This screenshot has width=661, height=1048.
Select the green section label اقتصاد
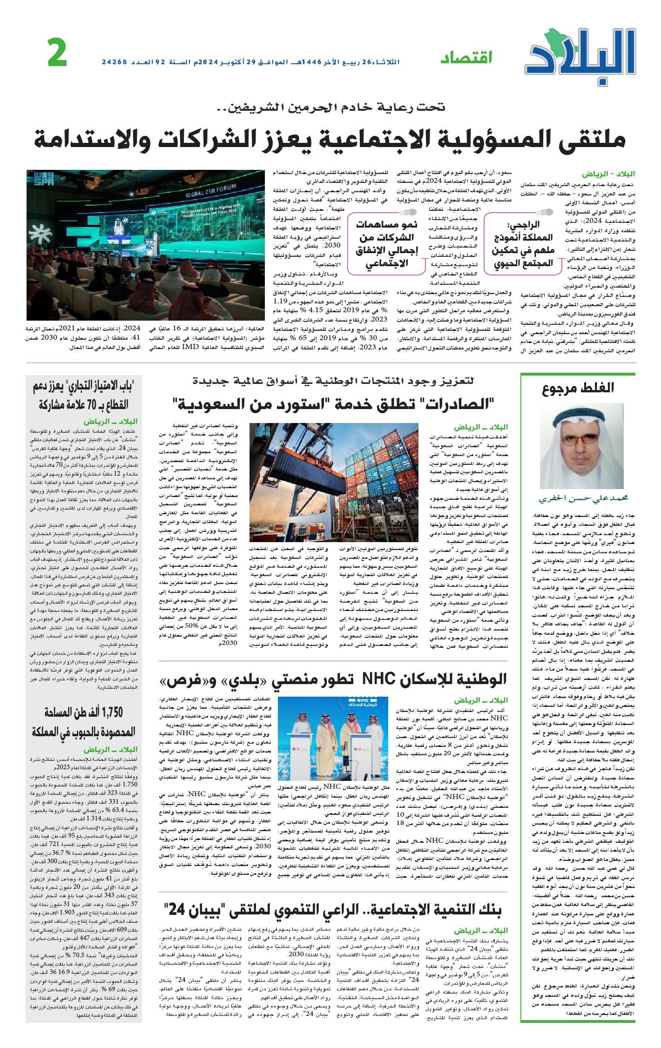point(466,58)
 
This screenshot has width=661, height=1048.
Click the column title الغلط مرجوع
point(578,387)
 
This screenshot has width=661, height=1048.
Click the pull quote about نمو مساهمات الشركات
point(387,244)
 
